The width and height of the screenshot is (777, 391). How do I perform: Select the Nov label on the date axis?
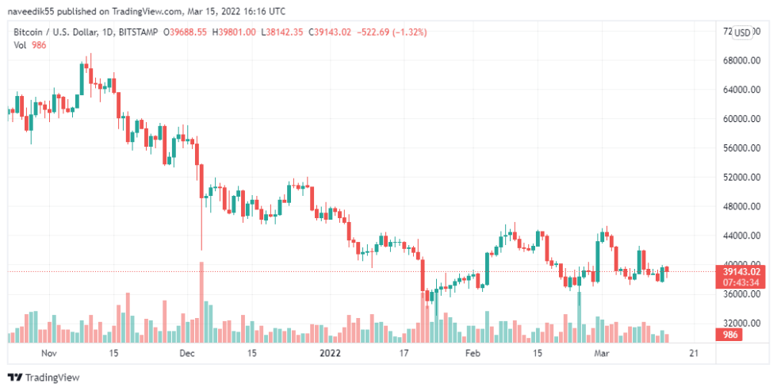pyautogui.click(x=49, y=353)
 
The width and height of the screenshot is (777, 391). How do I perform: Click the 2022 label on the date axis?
pyautogui.click(x=329, y=353)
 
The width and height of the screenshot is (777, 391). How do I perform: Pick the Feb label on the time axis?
pyautogui.click(x=473, y=353)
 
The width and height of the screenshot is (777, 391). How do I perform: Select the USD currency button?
pyautogui.click(x=742, y=33)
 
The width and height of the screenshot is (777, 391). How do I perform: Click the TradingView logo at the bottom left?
pyautogui.click(x=44, y=378)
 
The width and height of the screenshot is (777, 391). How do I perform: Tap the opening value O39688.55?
pyautogui.click(x=185, y=32)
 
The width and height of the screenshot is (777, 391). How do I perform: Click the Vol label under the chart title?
pyautogui.click(x=21, y=45)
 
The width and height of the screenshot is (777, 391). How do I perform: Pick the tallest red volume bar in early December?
pyautogui.click(x=201, y=301)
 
